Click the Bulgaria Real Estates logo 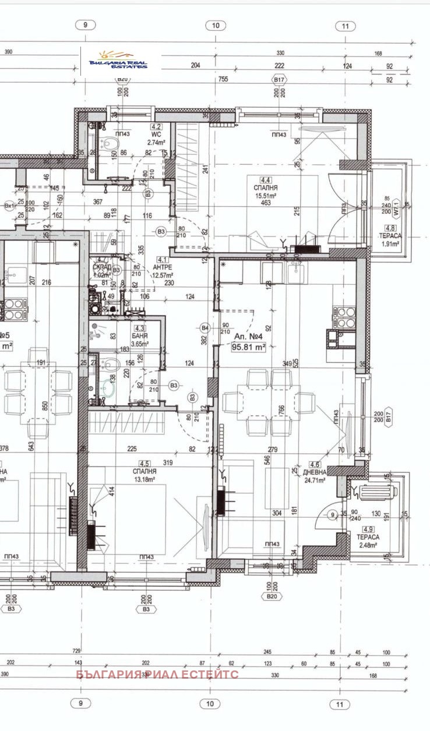(x=118, y=61)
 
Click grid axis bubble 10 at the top (x=216, y=25)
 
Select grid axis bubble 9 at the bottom (x=81, y=703)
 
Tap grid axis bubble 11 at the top (x=346, y=26)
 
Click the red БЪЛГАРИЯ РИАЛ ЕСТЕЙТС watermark (x=157, y=675)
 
